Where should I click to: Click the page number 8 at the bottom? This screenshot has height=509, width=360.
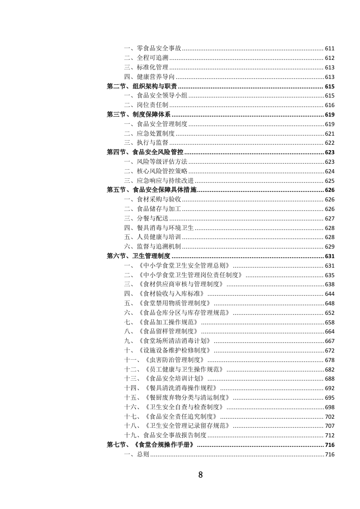point(200,475)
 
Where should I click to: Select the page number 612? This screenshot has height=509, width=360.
point(330,58)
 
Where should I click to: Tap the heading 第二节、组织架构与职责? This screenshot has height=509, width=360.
point(142,86)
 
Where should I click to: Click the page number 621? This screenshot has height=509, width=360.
point(330,134)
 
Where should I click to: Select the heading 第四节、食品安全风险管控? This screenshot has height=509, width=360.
point(145,152)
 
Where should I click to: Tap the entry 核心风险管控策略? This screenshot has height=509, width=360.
point(162,171)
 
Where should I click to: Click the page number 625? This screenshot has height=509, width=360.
point(330,181)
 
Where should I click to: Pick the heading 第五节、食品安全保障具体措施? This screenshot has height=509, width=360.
point(152,190)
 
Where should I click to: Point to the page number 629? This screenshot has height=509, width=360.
point(330,246)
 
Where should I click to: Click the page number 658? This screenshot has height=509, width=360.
point(330,322)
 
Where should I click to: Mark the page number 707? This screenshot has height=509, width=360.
point(330,426)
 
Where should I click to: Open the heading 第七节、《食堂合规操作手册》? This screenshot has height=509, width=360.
point(152,445)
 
